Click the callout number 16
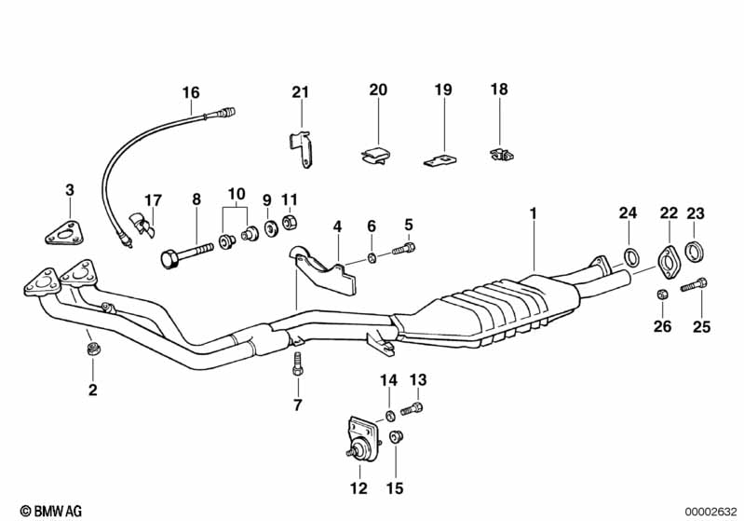[x=191, y=92]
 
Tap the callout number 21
[x=299, y=91]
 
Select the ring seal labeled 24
[x=629, y=258]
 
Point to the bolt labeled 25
[x=695, y=284]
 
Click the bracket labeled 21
[x=301, y=149]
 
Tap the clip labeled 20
[x=376, y=156]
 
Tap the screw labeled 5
[x=406, y=249]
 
